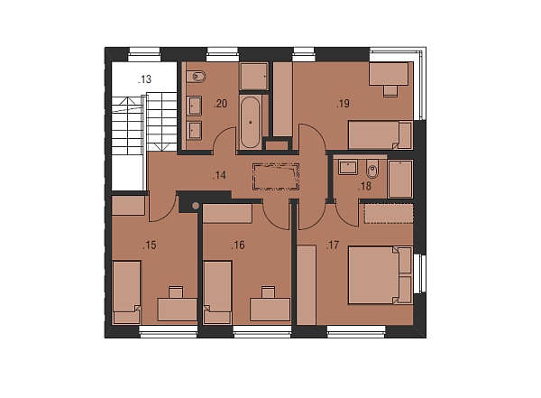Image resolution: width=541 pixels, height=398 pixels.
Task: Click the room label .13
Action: pyautogui.click(x=144, y=79)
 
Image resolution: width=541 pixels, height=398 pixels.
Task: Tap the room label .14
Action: pyautogui.click(x=219, y=175)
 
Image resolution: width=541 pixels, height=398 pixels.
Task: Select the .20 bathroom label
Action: pyautogui.click(x=221, y=104)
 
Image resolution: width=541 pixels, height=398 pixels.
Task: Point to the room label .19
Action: pyautogui.click(x=344, y=104)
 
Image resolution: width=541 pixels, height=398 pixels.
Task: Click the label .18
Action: pyautogui.click(x=364, y=187)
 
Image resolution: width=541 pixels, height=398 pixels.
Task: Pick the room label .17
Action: pyautogui.click(x=333, y=245)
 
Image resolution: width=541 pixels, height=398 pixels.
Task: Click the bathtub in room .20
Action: pyautogui.click(x=251, y=122)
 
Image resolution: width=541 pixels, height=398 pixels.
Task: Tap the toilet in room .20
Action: pyautogui.click(x=196, y=77)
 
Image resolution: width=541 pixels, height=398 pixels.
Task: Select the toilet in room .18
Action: pyautogui.click(x=372, y=169)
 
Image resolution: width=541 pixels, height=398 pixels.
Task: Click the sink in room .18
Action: pyautogui.click(x=348, y=167)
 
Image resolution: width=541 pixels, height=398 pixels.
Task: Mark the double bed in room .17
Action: pyautogui.click(x=381, y=275)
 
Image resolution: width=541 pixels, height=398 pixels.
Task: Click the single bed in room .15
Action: pyautogui.click(x=126, y=292)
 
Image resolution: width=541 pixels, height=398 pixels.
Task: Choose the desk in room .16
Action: pyautogui.click(x=270, y=310)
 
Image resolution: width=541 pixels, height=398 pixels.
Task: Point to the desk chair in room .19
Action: pyautogui.click(x=390, y=91)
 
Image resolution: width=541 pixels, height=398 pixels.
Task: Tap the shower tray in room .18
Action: pyautogui.click(x=400, y=179)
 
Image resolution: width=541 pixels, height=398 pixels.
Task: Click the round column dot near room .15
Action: pyautogui.click(x=196, y=206)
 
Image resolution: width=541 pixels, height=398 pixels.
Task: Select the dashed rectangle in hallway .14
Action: pyautogui.click(x=276, y=177)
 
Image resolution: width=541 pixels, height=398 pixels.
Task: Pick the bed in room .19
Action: pyautogui.click(x=381, y=135)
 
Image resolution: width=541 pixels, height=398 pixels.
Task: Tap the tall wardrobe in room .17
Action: pyautogui.click(x=307, y=285)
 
